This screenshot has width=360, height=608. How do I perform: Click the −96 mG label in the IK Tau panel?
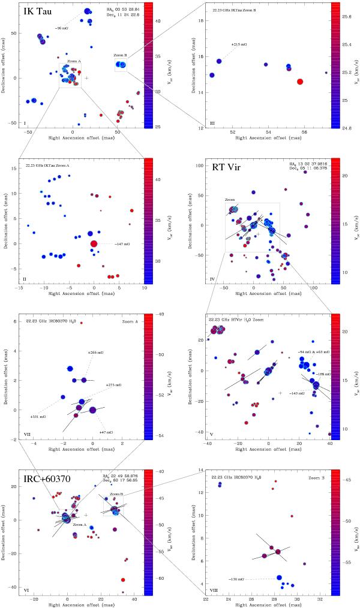point(61,28)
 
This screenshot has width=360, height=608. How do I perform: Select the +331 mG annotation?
point(38,416)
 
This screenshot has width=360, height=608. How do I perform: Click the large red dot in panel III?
point(300,82)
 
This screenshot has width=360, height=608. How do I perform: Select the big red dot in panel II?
point(94,243)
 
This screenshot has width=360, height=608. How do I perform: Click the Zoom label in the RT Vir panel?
point(230,200)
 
